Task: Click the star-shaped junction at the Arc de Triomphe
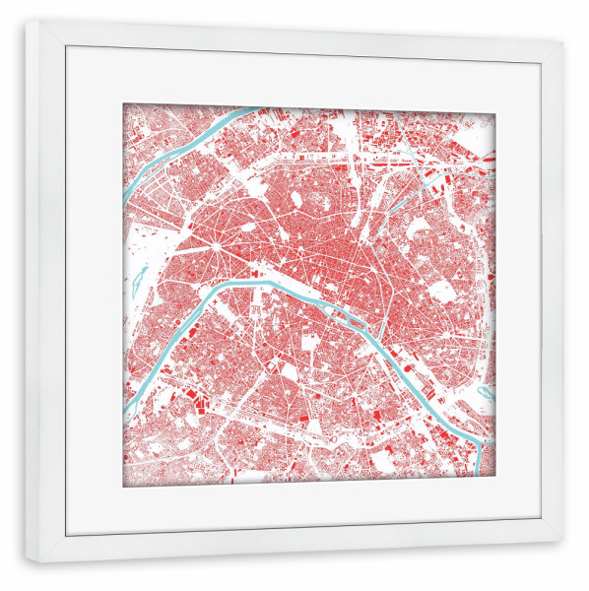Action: click(x=210, y=239)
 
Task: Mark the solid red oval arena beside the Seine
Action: click(x=387, y=348)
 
